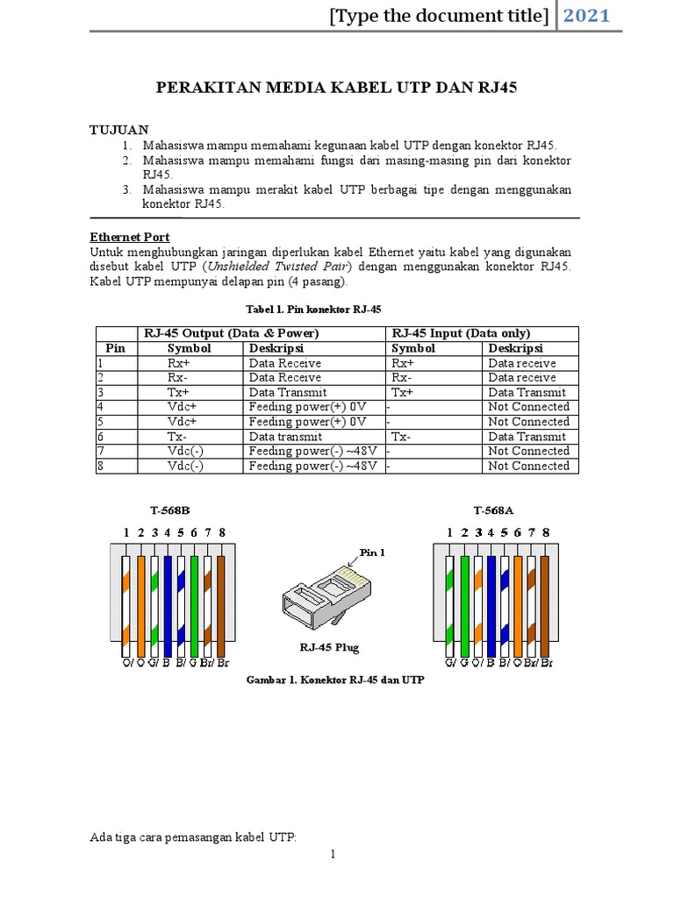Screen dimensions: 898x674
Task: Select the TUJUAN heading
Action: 119,130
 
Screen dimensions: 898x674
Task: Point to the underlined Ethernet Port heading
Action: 130,237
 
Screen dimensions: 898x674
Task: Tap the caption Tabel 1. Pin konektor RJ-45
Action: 312,309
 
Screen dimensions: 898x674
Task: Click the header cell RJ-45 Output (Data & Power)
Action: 231,333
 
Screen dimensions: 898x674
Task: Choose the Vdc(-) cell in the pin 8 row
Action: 185,467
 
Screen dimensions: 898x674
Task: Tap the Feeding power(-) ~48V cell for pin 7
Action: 313,452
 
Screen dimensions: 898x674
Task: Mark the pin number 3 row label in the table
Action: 101,393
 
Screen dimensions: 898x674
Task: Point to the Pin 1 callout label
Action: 372,552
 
